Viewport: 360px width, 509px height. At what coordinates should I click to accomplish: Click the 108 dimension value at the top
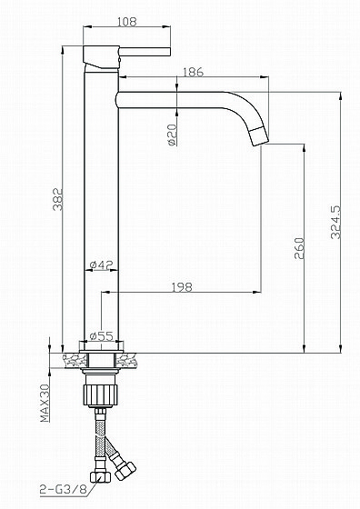point(127,22)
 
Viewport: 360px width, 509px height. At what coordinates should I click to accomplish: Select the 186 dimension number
point(193,72)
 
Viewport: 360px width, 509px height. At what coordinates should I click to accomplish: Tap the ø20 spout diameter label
point(173,135)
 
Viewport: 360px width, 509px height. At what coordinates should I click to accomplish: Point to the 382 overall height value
point(58,199)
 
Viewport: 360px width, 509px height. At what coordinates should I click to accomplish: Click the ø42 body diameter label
point(101,264)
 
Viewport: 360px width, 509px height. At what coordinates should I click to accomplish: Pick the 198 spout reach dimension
point(182,287)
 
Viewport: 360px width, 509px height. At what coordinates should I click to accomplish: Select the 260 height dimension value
point(299,248)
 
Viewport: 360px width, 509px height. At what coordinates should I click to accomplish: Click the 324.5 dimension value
point(335,222)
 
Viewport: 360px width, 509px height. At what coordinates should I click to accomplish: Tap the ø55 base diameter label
point(102,336)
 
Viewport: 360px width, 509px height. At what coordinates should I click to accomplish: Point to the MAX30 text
point(45,403)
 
